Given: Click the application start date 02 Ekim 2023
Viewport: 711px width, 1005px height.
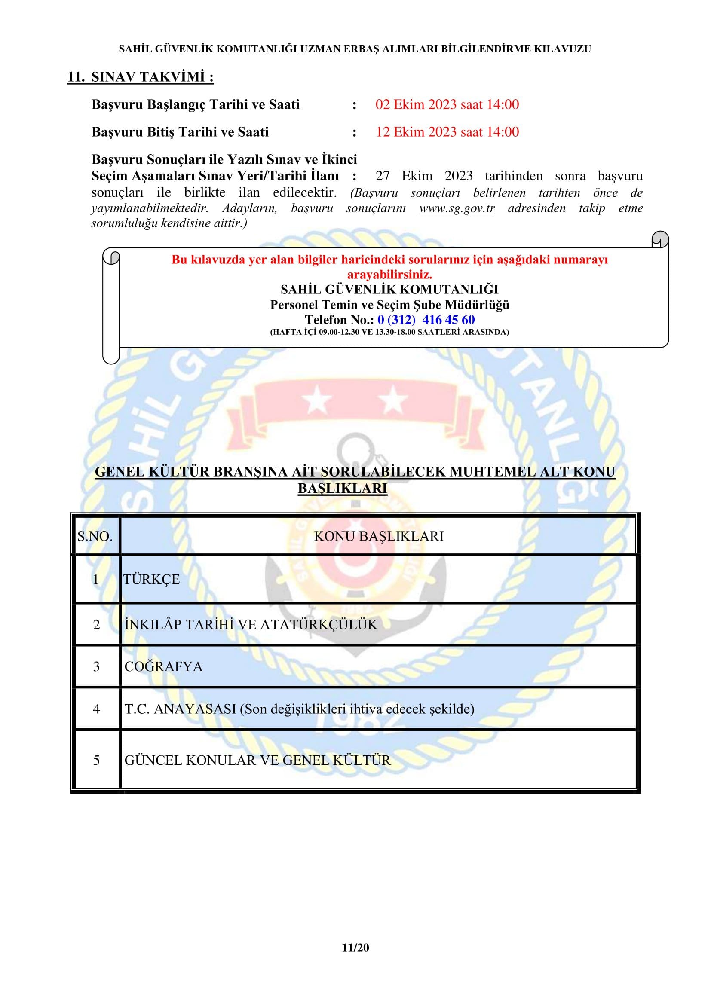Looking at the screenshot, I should coord(417,104).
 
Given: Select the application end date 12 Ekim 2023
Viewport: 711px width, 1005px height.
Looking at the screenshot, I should coord(417,132).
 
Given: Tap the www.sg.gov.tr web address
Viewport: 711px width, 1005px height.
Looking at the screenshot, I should coord(457,208).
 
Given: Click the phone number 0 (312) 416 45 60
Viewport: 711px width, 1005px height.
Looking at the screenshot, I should coord(426,320).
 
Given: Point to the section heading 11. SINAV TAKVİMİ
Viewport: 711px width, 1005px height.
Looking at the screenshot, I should coord(140,77).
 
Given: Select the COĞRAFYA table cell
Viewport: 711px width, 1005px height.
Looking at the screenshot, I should coord(163,667).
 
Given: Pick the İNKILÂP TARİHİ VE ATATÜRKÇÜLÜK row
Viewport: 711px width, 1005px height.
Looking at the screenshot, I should coord(251,625).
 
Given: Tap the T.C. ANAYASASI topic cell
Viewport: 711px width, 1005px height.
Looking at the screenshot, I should coord(300,709).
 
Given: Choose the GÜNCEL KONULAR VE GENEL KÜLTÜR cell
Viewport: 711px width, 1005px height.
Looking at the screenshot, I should coord(257,761).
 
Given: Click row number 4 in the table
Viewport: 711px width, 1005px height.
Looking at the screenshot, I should coord(96,709).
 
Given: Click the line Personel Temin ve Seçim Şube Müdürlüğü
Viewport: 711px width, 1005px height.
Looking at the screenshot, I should coord(389,305).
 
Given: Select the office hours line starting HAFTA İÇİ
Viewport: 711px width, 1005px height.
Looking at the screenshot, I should coord(389,332).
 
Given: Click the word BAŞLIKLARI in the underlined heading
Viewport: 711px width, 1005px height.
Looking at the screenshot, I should coord(342,489).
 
